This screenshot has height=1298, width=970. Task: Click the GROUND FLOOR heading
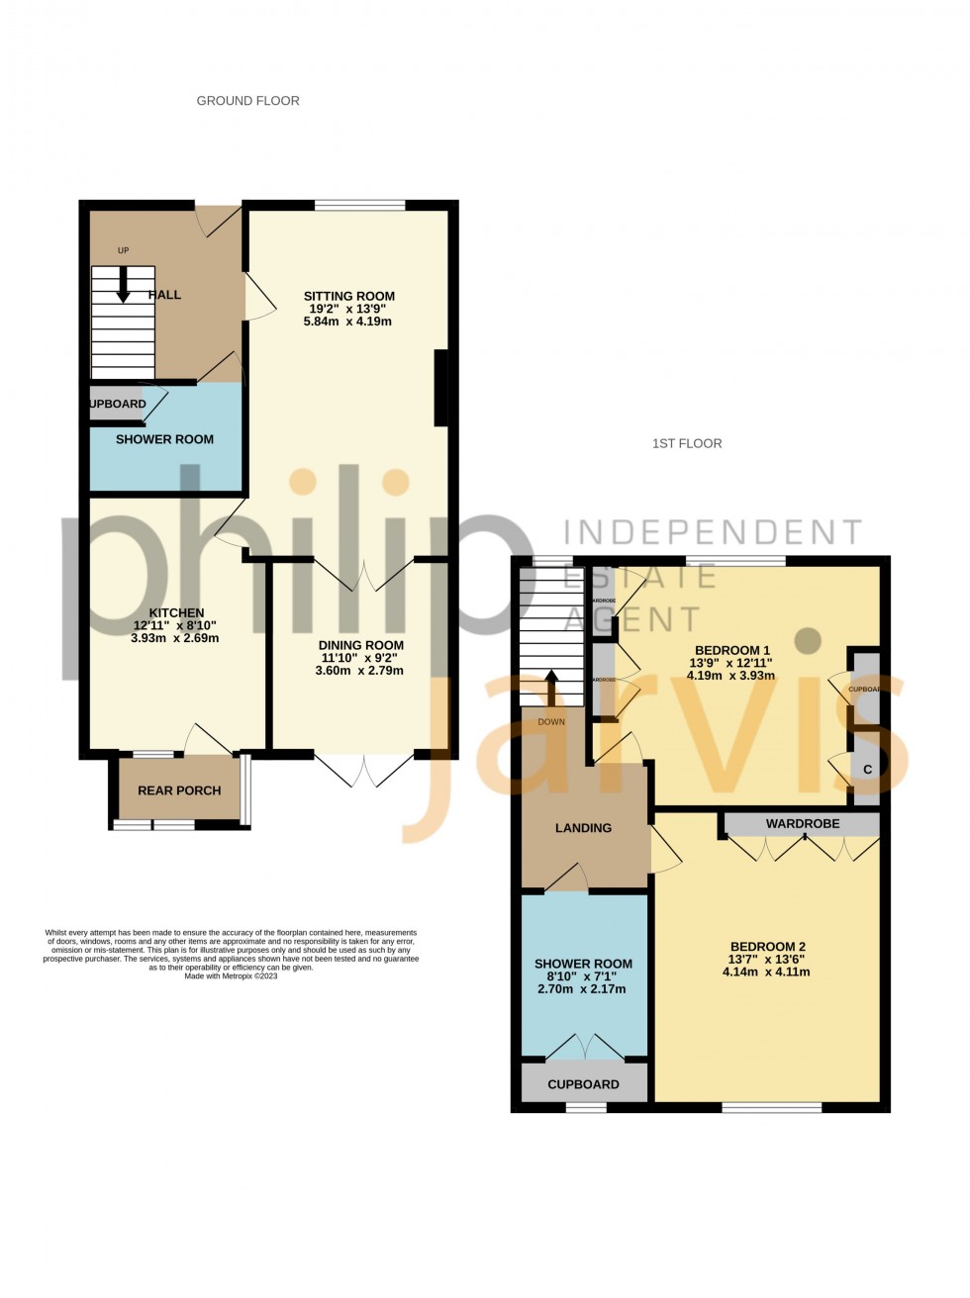pyautogui.click(x=247, y=101)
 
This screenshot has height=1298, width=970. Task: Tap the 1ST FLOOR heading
pyautogui.click(x=686, y=443)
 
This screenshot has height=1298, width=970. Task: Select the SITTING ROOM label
pyautogui.click(x=348, y=296)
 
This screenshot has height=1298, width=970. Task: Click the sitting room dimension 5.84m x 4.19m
pyautogui.click(x=348, y=322)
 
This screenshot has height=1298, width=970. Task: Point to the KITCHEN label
pyautogui.click(x=176, y=613)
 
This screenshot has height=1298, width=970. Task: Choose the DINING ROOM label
pyautogui.click(x=360, y=645)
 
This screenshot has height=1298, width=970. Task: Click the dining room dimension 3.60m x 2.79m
pyautogui.click(x=360, y=671)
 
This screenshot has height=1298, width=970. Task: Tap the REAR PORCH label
pyautogui.click(x=179, y=790)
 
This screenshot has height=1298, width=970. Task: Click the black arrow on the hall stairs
pyautogui.click(x=124, y=287)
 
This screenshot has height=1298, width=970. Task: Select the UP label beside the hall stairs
pyautogui.click(x=124, y=250)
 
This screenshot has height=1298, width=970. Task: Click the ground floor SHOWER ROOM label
pyautogui.click(x=164, y=439)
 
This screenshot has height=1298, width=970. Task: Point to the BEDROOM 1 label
pyautogui.click(x=731, y=651)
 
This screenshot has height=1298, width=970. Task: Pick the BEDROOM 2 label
pyautogui.click(x=767, y=947)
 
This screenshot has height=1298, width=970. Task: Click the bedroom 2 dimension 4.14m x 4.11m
pyautogui.click(x=767, y=973)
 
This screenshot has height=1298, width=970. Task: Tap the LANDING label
pyautogui.click(x=583, y=828)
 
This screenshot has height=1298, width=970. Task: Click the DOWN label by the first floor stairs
pyautogui.click(x=551, y=722)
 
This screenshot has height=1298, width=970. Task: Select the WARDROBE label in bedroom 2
pyautogui.click(x=802, y=823)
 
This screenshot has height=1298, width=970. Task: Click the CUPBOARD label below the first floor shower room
pyautogui.click(x=583, y=1084)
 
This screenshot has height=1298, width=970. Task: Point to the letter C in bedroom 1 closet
pyautogui.click(x=867, y=770)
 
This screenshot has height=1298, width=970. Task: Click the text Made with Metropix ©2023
pyautogui.click(x=231, y=976)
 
